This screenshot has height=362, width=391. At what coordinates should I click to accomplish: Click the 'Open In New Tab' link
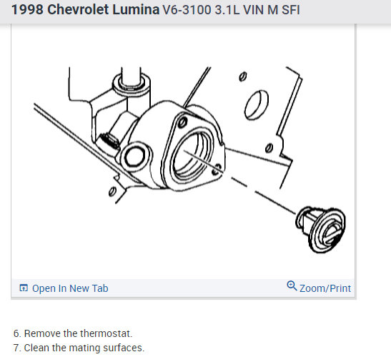coord(70,288)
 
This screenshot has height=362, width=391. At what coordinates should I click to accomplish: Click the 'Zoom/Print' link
coord(325,288)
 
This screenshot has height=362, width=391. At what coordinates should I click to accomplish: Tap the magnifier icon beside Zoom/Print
coord(292,286)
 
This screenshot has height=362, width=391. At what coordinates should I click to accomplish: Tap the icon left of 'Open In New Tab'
coord(24,288)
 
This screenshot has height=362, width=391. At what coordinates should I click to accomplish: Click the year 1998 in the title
coord(27,10)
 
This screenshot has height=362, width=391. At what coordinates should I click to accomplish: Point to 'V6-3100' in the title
coord(187,10)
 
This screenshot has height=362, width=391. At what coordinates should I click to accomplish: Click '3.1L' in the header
coord(227,10)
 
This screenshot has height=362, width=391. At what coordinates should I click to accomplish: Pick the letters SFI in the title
coord(291,10)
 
